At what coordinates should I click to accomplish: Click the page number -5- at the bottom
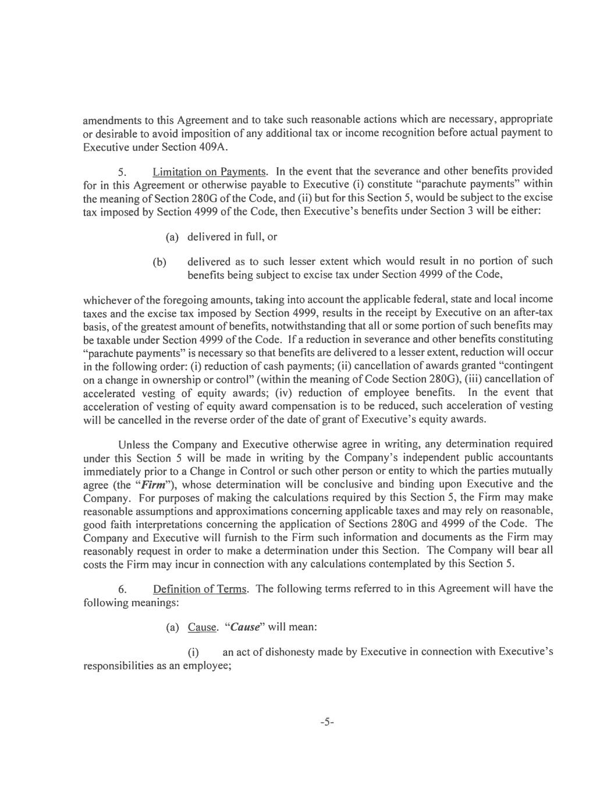coord(326,722)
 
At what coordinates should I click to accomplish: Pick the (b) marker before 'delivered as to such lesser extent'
coord(159,262)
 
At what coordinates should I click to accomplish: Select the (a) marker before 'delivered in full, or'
coord(172,237)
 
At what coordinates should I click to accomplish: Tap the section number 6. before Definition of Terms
coord(122,589)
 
